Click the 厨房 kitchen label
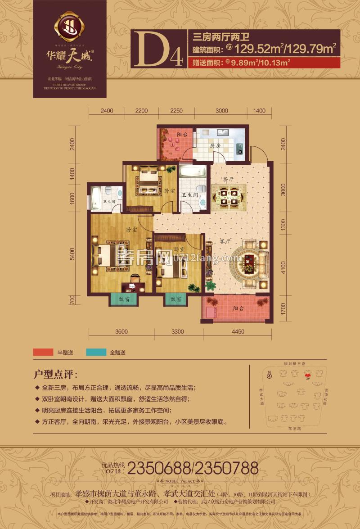click(x=215, y=146)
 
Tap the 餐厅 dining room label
click(x=227, y=179)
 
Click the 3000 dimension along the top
click(x=222, y=110)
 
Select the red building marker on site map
click(x=308, y=374)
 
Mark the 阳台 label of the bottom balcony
click(x=239, y=308)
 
